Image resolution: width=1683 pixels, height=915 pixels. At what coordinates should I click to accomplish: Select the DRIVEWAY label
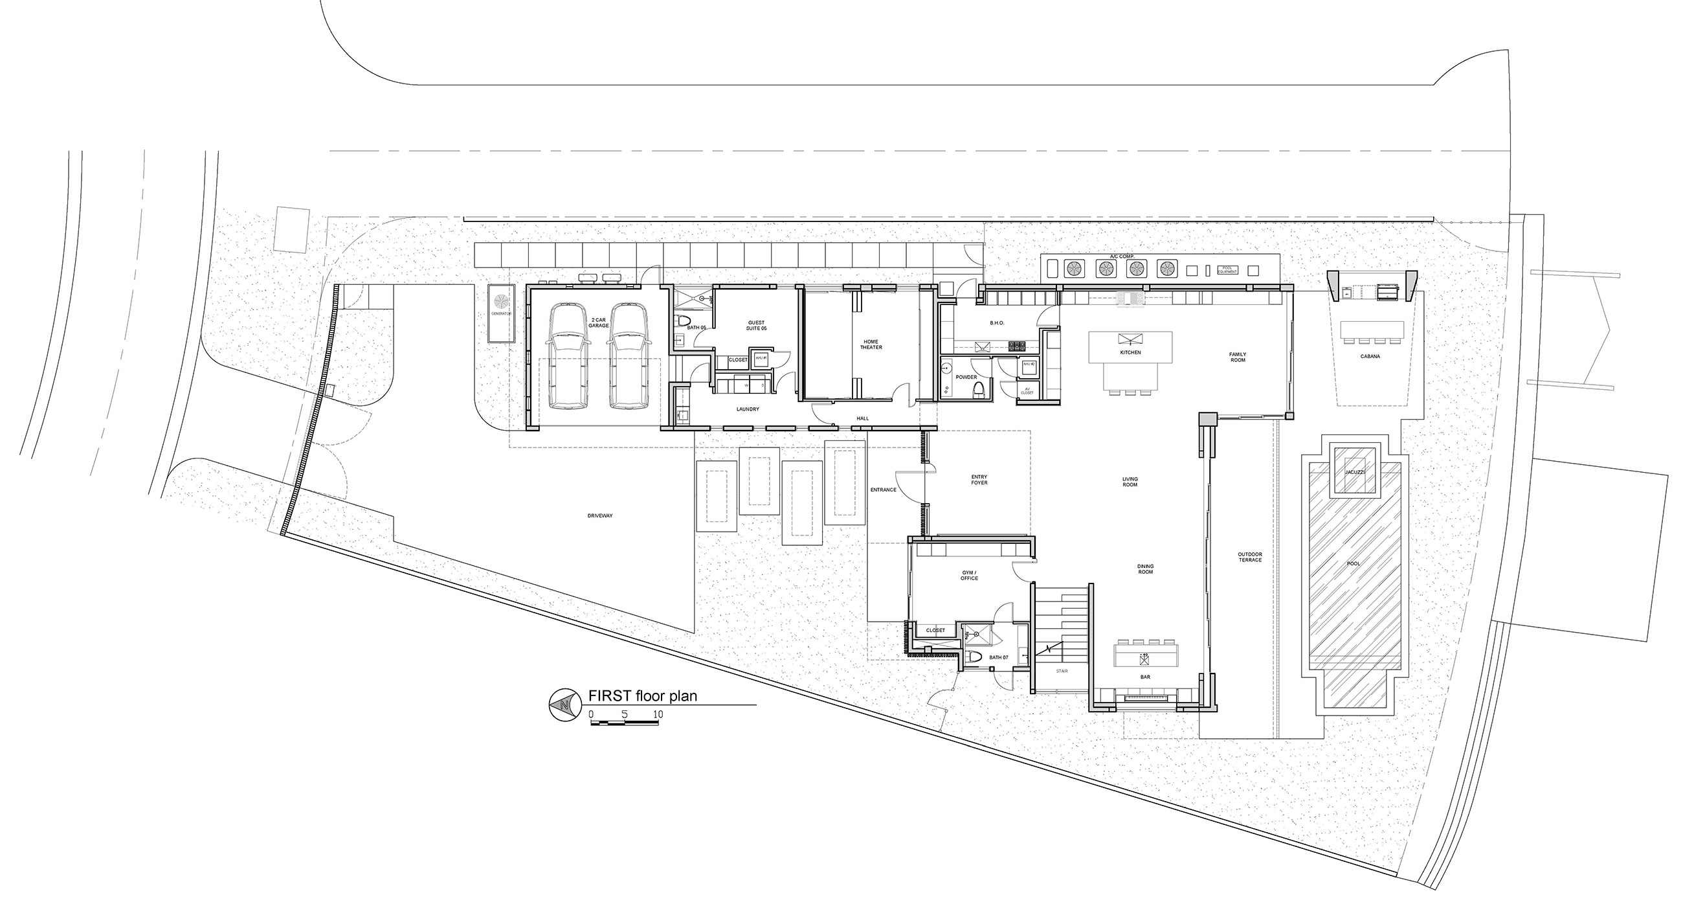point(600,515)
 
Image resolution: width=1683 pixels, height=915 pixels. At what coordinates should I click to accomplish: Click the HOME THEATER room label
point(871,345)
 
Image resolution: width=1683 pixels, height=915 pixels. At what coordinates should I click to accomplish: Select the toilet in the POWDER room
point(978,390)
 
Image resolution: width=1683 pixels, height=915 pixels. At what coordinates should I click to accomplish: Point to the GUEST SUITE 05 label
point(756,325)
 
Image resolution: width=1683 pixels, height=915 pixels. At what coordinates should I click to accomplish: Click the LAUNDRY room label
point(748,409)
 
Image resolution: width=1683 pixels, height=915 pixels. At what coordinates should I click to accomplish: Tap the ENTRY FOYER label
point(979,480)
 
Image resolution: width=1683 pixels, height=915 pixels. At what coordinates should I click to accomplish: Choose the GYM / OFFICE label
point(969,575)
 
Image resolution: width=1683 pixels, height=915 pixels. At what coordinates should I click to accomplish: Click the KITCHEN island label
point(1130,352)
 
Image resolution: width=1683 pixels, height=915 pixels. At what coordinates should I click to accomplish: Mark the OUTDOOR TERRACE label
point(1250,557)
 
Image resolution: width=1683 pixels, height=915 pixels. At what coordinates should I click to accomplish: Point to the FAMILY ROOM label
point(1238,357)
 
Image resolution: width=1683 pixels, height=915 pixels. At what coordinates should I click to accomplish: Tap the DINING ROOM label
point(1145,569)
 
